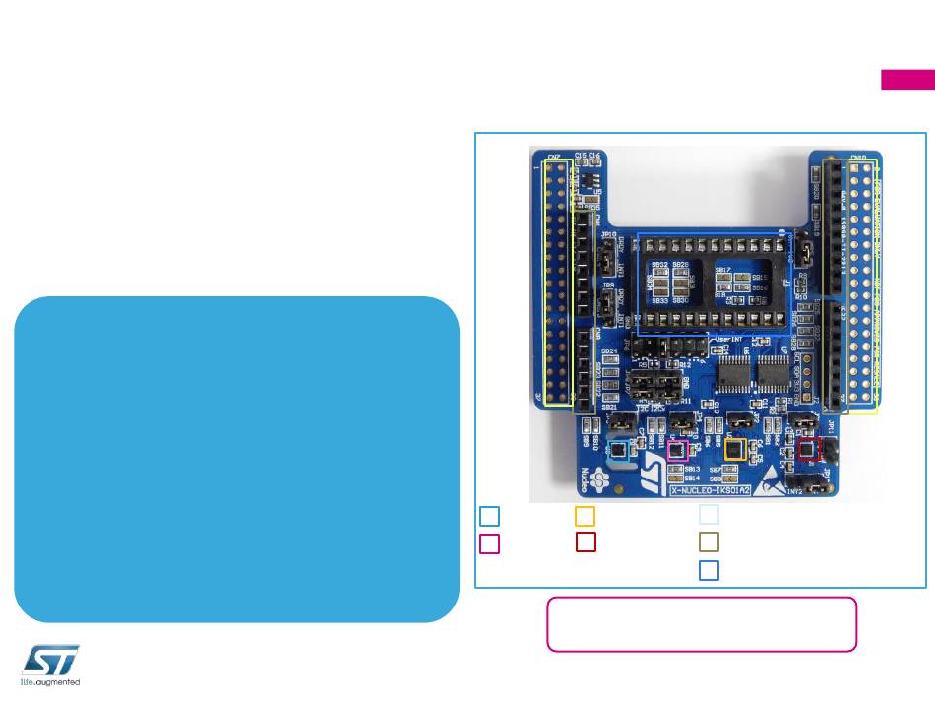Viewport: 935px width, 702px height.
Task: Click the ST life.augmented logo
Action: pos(50,666)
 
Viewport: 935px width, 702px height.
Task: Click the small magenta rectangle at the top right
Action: pos(907,80)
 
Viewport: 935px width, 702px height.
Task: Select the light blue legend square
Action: pos(489,515)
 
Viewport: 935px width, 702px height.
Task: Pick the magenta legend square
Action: pos(489,542)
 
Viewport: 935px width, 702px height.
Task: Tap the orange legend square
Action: pos(585,515)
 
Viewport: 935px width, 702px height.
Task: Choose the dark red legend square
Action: pos(586,542)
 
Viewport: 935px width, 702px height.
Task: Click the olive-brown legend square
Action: pos(709,542)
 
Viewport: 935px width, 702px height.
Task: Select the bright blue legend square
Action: pos(709,569)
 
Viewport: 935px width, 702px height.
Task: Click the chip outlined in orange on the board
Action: pos(734,449)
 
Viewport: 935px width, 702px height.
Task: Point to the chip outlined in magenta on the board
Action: pos(675,451)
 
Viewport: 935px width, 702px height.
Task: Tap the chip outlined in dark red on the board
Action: pos(808,449)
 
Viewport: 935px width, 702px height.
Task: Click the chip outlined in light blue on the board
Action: pos(619,451)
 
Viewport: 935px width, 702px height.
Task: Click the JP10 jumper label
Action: pos(608,234)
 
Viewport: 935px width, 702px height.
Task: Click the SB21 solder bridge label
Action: pos(610,407)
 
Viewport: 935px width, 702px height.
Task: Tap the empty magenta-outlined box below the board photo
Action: pos(701,623)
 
